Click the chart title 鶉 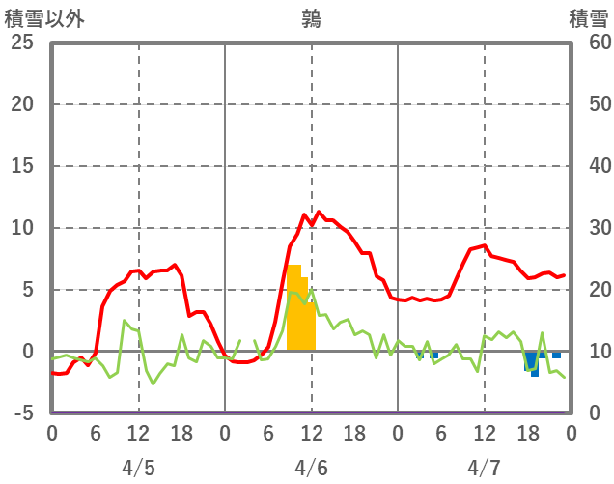tap(311, 19)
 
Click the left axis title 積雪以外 tap(45, 19)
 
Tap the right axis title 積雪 tap(588, 19)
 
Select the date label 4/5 tap(138, 468)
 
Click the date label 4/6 tap(311, 468)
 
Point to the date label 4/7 tap(484, 468)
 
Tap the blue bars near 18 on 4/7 tap(532, 363)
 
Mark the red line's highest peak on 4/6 tap(319, 213)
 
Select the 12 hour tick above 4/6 tap(311, 434)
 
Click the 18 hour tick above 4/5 tap(181, 434)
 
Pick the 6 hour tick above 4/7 tap(441, 434)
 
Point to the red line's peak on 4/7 tap(485, 245)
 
